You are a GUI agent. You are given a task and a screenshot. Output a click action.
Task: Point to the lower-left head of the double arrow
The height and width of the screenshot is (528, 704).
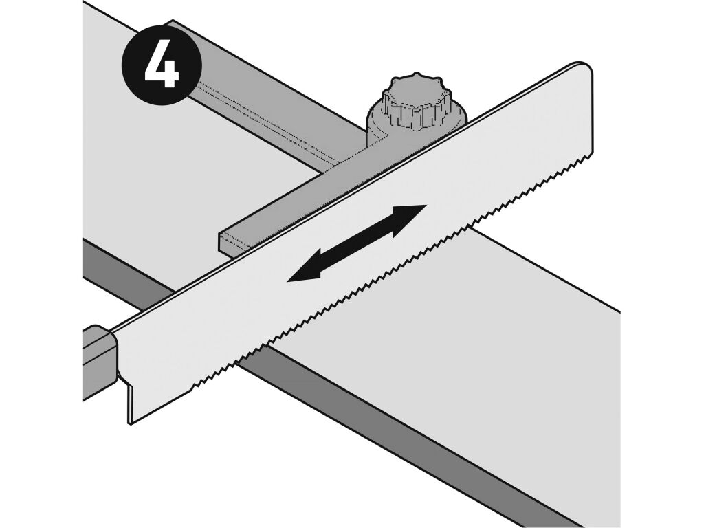(x=305, y=269)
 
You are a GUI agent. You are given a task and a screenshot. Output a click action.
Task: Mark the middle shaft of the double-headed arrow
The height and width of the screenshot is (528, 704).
(x=357, y=244)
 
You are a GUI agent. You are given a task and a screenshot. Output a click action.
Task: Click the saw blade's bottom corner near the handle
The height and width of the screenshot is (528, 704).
(x=130, y=423)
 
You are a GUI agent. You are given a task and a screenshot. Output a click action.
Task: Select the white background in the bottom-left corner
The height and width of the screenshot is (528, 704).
(x=41, y=472)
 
